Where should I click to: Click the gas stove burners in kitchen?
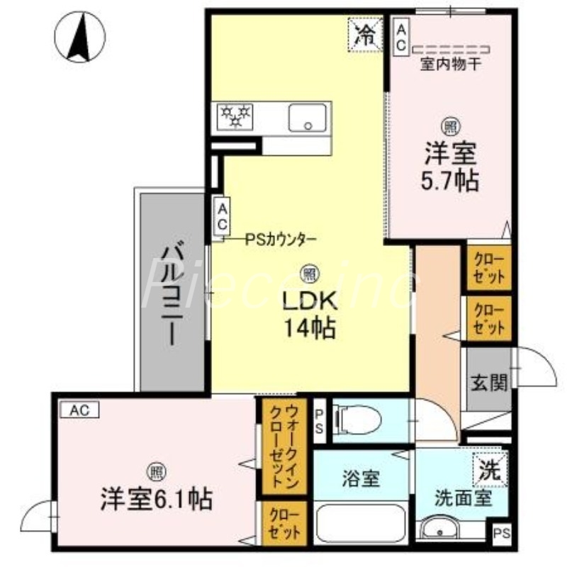(236, 117)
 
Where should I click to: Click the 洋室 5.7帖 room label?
(451, 167)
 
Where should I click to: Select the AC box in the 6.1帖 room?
(79, 409)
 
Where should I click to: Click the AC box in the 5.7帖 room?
(400, 35)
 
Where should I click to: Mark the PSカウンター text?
(281, 240)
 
